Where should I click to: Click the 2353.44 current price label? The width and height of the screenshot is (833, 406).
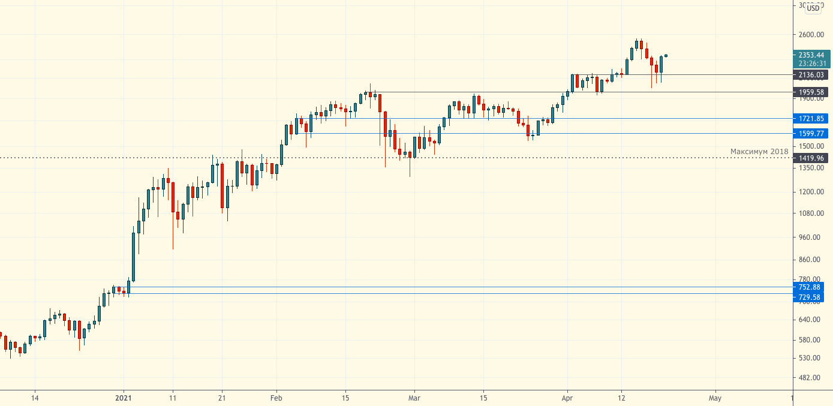(x=811, y=55)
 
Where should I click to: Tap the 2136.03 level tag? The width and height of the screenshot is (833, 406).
(x=811, y=75)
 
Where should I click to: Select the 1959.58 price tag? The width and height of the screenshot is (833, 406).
(x=811, y=92)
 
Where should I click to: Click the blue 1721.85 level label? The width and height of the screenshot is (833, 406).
(x=811, y=119)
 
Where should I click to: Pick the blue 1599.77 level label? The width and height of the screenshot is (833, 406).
(x=811, y=133)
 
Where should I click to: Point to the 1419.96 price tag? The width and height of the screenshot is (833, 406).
(x=811, y=158)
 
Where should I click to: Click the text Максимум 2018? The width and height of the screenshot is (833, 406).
(x=759, y=152)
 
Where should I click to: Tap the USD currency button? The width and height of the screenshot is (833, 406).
(x=813, y=8)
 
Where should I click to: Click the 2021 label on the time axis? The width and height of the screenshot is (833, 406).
(x=124, y=398)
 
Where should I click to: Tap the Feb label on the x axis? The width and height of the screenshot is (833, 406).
(x=276, y=398)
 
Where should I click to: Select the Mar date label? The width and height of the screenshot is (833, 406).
(x=413, y=398)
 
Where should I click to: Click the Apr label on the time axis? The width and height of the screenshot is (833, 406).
(x=568, y=398)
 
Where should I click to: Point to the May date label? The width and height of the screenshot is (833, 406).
(x=714, y=398)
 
